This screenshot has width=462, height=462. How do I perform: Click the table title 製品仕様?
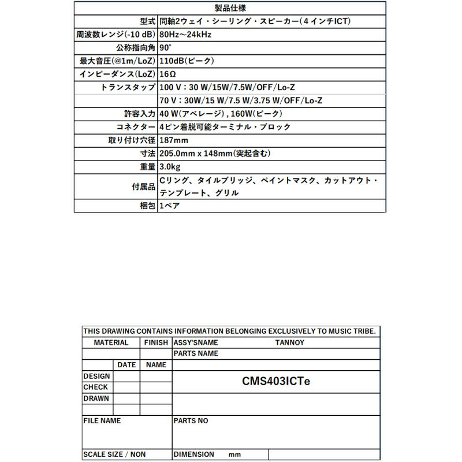click(230, 8)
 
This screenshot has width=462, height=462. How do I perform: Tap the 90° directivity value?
click(165, 48)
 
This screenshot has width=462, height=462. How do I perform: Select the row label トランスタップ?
click(128, 87)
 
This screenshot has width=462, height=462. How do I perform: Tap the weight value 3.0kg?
click(170, 167)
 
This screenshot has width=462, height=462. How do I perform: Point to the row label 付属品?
click(144, 187)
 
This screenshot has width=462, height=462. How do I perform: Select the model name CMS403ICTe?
click(276, 381)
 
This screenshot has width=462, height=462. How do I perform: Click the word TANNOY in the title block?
click(289, 342)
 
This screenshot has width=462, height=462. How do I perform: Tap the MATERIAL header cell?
click(111, 342)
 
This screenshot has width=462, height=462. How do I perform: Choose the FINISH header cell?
click(156, 342)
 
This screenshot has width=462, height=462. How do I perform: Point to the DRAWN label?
click(96, 398)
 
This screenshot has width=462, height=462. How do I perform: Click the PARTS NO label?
click(191, 421)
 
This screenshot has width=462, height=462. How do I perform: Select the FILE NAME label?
click(102, 421)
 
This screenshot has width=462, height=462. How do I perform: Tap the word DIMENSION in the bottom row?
click(194, 454)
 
